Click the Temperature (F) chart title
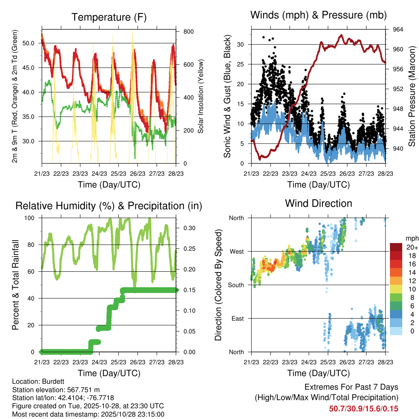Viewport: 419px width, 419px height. pyautogui.click(x=109, y=18)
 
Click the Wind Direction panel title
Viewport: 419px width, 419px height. pyautogui.click(x=318, y=203)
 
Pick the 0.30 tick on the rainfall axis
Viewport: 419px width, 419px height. pyautogui.click(x=186, y=228)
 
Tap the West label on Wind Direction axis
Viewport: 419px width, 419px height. pyautogui.click(x=237, y=252)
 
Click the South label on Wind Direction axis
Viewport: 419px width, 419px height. pyautogui.click(x=236, y=285)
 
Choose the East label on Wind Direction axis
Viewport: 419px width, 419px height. pyautogui.click(x=237, y=319)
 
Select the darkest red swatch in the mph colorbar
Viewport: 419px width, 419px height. pyautogui.click(x=396, y=247)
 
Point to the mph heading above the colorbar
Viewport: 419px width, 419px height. pyautogui.click(x=412, y=238)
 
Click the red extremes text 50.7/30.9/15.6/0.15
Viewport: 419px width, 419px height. pyautogui.click(x=363, y=409)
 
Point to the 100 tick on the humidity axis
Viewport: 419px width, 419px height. pyautogui.click(x=31, y=218)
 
